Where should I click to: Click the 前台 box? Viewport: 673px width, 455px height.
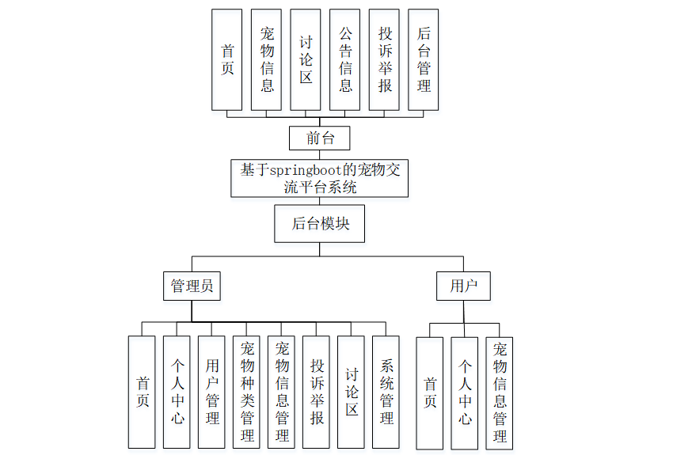(320, 138)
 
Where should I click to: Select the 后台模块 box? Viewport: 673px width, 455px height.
(320, 223)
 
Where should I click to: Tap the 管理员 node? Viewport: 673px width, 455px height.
(192, 286)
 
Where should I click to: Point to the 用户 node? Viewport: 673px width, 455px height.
(463, 286)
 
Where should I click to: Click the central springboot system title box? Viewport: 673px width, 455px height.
(320, 178)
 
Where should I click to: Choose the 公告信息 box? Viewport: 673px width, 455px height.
(345, 59)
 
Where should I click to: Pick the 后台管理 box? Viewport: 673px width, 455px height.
(424, 59)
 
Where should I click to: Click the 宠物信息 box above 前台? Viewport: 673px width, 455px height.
(267, 59)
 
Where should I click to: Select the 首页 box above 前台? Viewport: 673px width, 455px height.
(227, 59)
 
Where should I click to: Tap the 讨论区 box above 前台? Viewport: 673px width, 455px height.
(306, 59)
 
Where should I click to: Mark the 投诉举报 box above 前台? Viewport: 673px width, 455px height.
(385, 59)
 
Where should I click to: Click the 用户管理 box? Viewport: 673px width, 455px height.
(212, 392)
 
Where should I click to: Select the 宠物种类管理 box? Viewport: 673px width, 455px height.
(247, 392)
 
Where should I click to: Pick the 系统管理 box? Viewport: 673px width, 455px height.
(386, 392)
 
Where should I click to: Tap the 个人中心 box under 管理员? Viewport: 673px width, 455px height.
(177, 392)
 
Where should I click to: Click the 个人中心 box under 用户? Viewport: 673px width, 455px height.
(465, 392)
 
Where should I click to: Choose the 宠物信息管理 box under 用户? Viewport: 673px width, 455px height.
(500, 392)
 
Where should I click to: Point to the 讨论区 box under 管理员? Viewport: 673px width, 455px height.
(352, 392)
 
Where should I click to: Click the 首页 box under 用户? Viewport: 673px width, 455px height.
(430, 392)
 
